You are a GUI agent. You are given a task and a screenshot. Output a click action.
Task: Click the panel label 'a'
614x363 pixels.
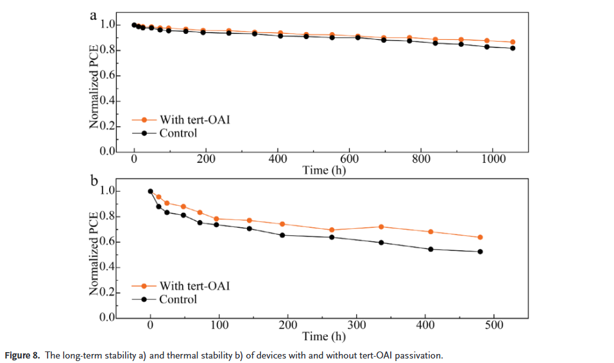94,14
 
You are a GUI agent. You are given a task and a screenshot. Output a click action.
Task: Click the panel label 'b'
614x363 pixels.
94,181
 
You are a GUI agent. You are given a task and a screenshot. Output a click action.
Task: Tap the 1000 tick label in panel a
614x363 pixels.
493,159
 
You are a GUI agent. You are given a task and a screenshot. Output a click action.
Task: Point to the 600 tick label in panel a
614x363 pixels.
349,159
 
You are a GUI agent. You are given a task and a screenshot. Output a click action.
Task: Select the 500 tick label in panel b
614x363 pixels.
493,325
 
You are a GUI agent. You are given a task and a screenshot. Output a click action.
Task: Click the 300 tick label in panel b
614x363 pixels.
356,325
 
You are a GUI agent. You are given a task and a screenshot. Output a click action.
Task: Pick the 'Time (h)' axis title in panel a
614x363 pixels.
323,171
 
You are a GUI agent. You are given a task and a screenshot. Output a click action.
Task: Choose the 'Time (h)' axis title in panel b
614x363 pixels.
323,337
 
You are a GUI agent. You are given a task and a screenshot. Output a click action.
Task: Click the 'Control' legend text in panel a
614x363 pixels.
178,133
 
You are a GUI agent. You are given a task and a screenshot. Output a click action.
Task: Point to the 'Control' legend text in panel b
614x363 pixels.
178,300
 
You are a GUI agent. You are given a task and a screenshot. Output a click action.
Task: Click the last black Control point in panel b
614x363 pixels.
480,251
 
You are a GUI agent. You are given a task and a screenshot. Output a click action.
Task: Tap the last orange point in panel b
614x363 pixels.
480,237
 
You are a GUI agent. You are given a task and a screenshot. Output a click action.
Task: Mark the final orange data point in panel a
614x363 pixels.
513,42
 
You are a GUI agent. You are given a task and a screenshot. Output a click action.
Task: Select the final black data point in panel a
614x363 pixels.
513,48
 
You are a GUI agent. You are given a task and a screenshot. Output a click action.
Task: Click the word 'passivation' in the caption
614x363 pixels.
418,355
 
